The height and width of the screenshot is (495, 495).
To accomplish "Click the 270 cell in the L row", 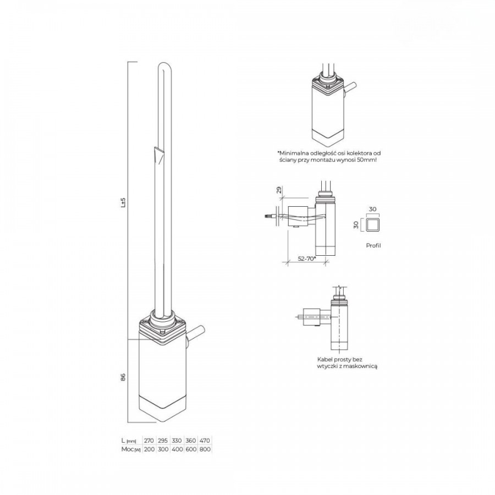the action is (x=148, y=441).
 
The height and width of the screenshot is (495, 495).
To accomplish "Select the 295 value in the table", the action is (x=163, y=441).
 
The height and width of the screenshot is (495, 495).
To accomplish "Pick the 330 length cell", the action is (x=177, y=441).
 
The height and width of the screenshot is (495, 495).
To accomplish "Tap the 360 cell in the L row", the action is (x=191, y=441).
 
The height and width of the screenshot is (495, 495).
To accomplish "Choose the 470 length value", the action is (x=205, y=441).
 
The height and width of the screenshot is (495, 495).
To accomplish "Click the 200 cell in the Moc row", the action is (x=148, y=449).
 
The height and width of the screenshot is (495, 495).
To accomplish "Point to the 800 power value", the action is (x=205, y=449).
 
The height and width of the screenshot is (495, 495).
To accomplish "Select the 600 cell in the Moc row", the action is (x=191, y=449).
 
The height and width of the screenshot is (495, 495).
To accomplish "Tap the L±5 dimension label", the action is (x=123, y=202).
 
